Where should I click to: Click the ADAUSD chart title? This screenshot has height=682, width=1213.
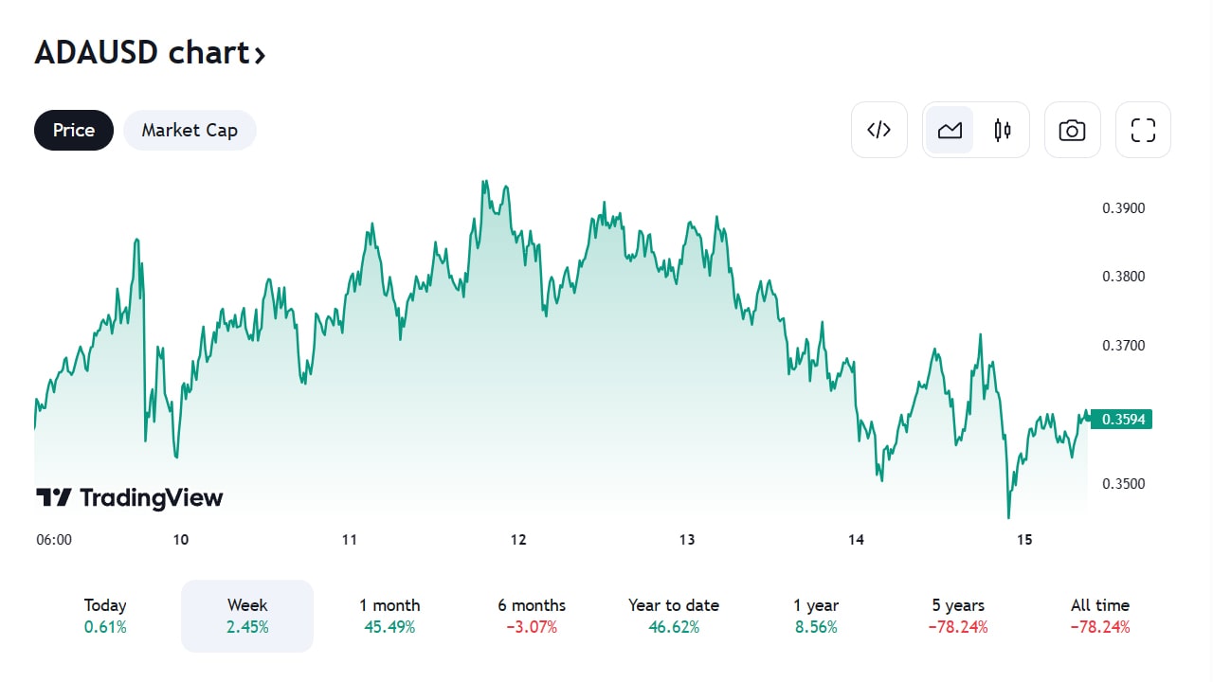coord(150,53)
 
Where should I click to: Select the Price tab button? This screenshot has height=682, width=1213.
coord(74,131)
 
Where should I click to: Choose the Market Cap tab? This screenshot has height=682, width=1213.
coord(190,131)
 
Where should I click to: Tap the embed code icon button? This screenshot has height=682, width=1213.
coord(879,130)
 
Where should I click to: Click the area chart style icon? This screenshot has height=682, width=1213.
coord(950,130)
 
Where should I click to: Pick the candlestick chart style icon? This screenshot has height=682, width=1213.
coord(1002,130)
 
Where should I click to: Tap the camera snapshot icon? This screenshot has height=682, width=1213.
coord(1072,130)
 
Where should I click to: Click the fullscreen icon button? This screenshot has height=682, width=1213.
coord(1143,130)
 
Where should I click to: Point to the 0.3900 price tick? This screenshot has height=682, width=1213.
coord(1124,208)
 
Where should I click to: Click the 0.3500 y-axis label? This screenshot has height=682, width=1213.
coord(1124,484)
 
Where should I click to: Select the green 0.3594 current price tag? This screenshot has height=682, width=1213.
coord(1122,419)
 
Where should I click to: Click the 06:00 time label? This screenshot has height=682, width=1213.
coord(54,540)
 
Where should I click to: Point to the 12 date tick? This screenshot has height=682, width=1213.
coord(518,540)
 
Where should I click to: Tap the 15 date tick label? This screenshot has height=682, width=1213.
coord(1023,540)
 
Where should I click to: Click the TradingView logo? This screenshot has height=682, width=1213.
coord(130,497)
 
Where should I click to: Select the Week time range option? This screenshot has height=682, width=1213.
coord(247,616)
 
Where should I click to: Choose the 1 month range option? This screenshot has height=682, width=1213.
coord(389,616)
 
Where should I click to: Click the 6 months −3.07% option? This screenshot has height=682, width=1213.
coord(532,616)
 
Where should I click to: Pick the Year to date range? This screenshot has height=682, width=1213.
coord(674,616)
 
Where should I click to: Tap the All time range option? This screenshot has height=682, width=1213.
coord(1100,616)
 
